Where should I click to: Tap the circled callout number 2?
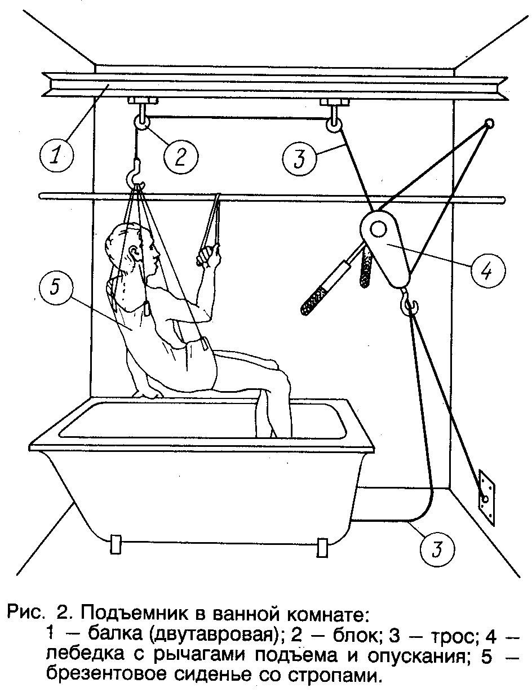pos(180,156)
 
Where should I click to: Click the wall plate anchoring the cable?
pos(486,495)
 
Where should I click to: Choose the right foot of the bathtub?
pos(323,545)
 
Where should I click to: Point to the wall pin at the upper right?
pos(489,123)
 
